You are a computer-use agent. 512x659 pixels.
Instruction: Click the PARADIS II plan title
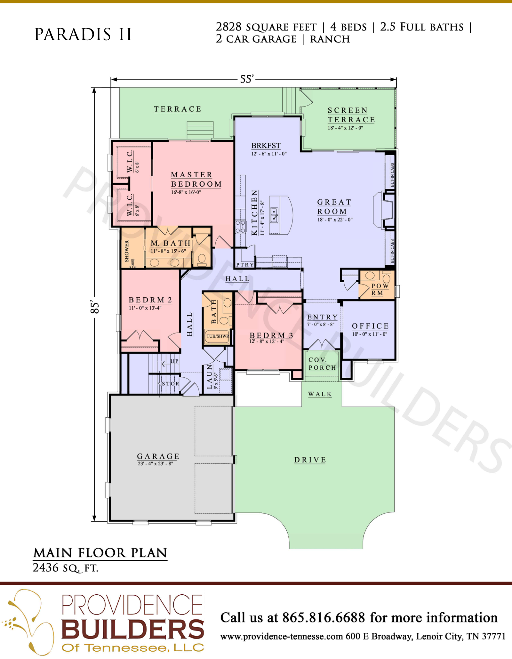click(x=83, y=34)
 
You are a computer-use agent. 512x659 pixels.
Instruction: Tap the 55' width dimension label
click(x=247, y=79)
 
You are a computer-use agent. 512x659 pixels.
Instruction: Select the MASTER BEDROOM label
click(x=196, y=179)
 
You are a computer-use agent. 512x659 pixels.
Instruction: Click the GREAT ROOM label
click(x=334, y=207)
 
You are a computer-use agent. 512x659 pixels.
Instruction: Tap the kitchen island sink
click(x=274, y=215)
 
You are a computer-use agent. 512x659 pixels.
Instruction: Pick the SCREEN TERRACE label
click(x=351, y=115)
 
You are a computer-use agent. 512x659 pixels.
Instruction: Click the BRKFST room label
click(x=266, y=145)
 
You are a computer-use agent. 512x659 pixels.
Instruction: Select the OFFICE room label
click(x=370, y=326)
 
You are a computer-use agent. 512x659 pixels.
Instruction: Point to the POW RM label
click(x=380, y=289)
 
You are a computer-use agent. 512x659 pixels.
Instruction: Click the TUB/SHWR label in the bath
click(x=218, y=336)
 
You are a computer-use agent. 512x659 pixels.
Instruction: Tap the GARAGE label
click(x=158, y=456)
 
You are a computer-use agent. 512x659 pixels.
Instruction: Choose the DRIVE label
click(x=310, y=460)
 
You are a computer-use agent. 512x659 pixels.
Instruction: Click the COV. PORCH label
click(x=322, y=364)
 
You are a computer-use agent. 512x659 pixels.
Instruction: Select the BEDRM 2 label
click(x=150, y=300)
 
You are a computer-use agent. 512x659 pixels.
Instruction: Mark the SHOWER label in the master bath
click(x=127, y=251)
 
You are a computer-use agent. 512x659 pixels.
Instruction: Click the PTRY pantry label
click(x=245, y=264)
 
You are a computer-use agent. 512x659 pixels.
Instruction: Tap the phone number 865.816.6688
click(x=324, y=617)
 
